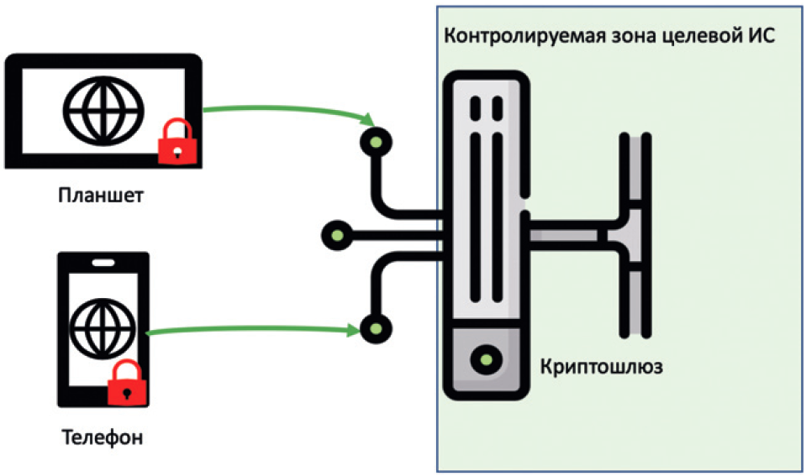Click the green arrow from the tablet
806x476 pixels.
coord(286,110)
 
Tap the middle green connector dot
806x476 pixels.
coord(336,233)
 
